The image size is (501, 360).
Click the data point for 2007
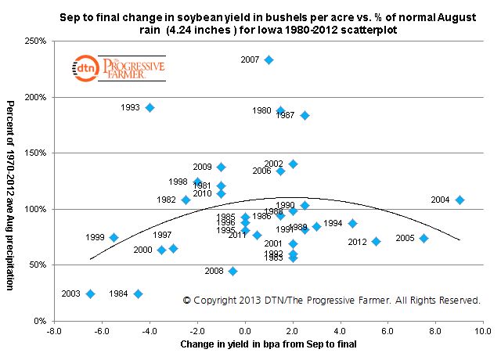pos(269,59)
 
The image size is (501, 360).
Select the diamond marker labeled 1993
pos(150,107)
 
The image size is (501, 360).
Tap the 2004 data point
pos(460,200)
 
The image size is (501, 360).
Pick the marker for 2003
pos(90,293)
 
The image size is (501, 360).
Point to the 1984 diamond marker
pos(138,293)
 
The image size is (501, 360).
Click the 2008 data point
pos(232,271)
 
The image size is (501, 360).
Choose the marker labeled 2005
pos(424,238)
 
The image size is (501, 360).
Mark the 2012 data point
pos(376,241)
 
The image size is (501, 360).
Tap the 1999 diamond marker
pos(114,237)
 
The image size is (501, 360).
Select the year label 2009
pos(202,167)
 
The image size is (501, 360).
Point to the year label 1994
pos(333,223)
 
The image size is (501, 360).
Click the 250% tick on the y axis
pos(34,41)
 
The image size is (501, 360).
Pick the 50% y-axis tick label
pos(36,265)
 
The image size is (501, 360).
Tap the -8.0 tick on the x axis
pos(52,331)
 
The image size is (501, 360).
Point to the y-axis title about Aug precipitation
pos(12,194)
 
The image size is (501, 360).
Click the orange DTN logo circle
pos(83,70)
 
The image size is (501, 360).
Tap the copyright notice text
pos(331,300)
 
